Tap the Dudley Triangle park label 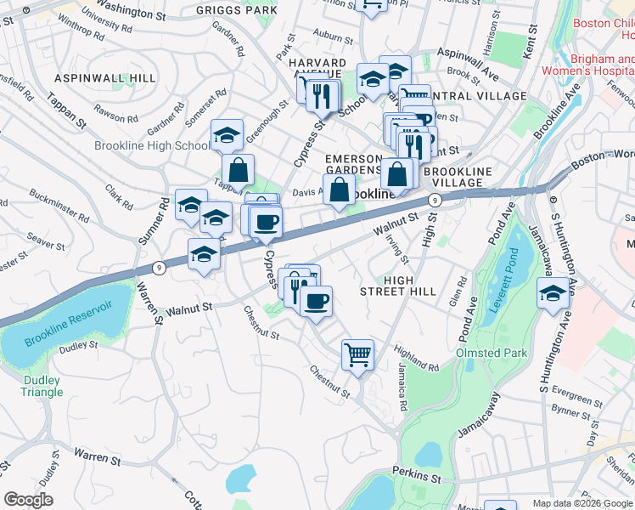pyautogui.click(x=42, y=386)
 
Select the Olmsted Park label pyautogui.click(x=492, y=353)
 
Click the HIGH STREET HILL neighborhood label pyautogui.click(x=410, y=286)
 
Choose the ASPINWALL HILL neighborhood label pyautogui.click(x=105, y=77)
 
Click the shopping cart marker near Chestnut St pyautogui.click(x=357, y=354)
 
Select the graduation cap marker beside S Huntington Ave pyautogui.click(x=553, y=295)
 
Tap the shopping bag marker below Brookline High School pyautogui.click(x=239, y=170)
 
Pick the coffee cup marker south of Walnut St pyautogui.click(x=316, y=302)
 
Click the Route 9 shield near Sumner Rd pyautogui.click(x=159, y=266)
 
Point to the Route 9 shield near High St pyautogui.click(x=435, y=200)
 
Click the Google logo pyautogui.click(x=29, y=499)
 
